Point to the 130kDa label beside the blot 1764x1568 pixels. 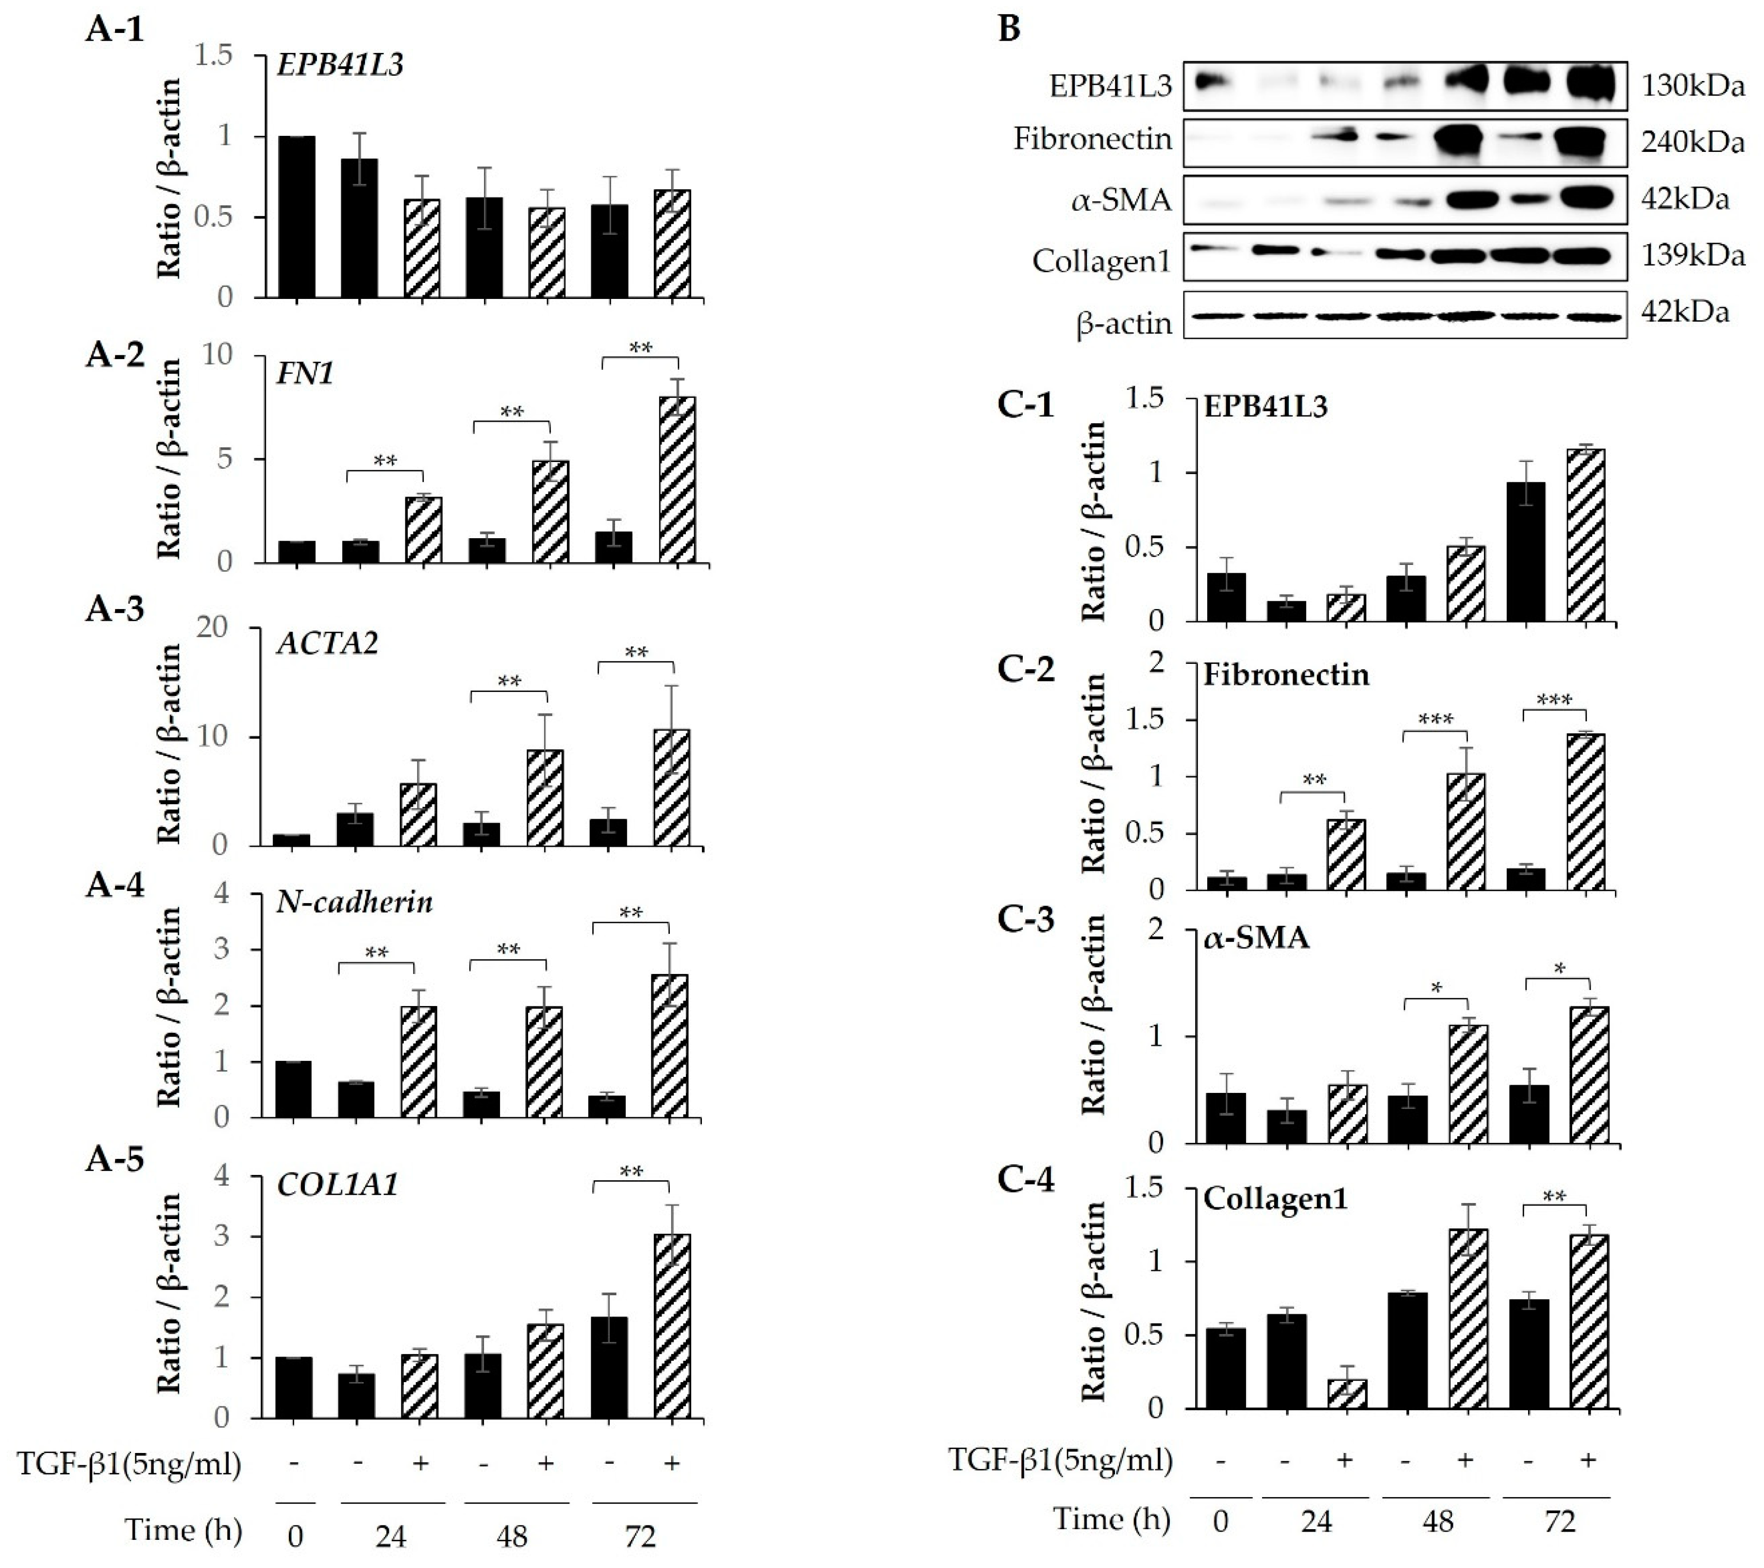[1692, 85]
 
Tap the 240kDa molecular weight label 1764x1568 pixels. [1692, 142]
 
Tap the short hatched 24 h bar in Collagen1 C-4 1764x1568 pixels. [1347, 1393]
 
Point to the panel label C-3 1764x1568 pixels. [1025, 921]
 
